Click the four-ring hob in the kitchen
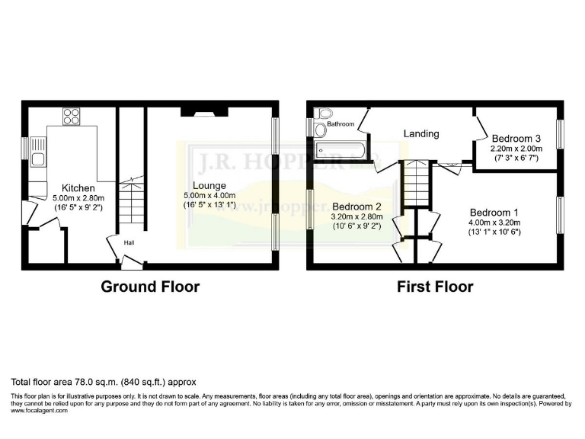(71, 117)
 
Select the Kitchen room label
(78, 188)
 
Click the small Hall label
(130, 242)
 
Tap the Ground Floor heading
(150, 287)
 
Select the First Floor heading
(434, 287)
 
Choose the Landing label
(421, 133)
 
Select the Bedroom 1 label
(494, 212)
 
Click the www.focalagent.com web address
(40, 410)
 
